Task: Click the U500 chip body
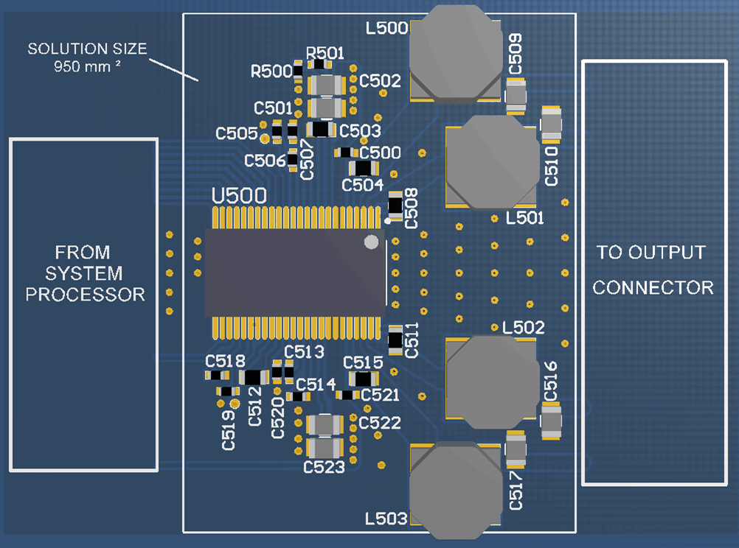pyautogui.click(x=295, y=273)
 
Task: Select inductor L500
pyautogui.click(x=454, y=53)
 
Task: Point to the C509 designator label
pyautogui.click(x=516, y=54)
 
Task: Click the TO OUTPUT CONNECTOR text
pyautogui.click(x=653, y=270)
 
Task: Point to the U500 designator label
pyautogui.click(x=238, y=197)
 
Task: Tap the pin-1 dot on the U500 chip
pyautogui.click(x=372, y=242)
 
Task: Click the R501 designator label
pyautogui.click(x=325, y=53)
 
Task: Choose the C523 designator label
pyautogui.click(x=324, y=467)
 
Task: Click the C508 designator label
pyautogui.click(x=411, y=208)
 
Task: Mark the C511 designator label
pyautogui.click(x=411, y=340)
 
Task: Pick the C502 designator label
pyautogui.click(x=381, y=81)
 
